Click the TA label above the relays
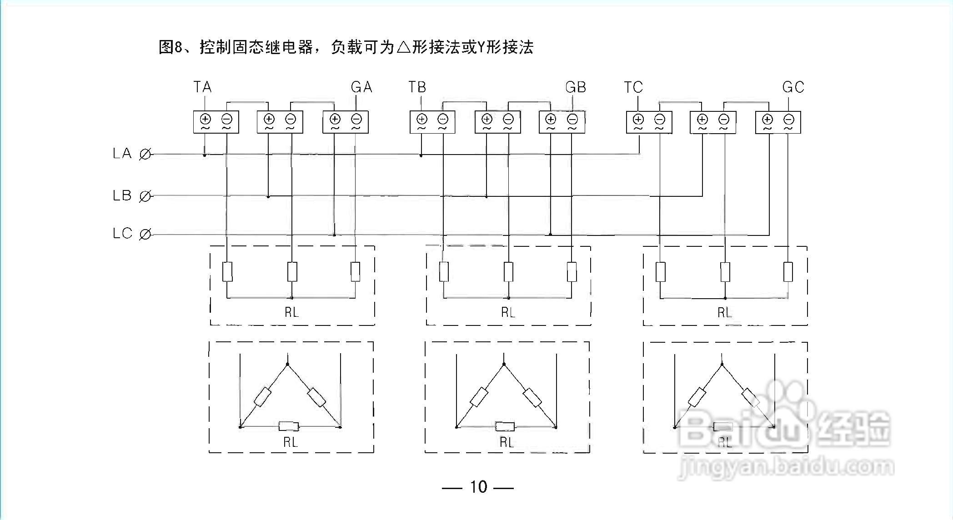[202, 87]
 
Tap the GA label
[361, 87]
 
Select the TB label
[417, 87]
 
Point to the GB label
[576, 87]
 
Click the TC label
[633, 87]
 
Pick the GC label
[793, 87]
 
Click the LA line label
[122, 154]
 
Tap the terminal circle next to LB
[145, 196]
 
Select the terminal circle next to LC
[145, 235]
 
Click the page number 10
[478, 487]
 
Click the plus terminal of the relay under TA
[206, 119]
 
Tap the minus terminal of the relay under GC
[789, 119]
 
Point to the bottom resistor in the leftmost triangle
[289, 426]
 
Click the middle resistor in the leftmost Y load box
[292, 271]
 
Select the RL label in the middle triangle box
[507, 442]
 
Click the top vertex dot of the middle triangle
[504, 364]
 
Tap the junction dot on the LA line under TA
[205, 155]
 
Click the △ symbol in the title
[403, 47]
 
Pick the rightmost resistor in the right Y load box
[788, 271]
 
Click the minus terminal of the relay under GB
[572, 119]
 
